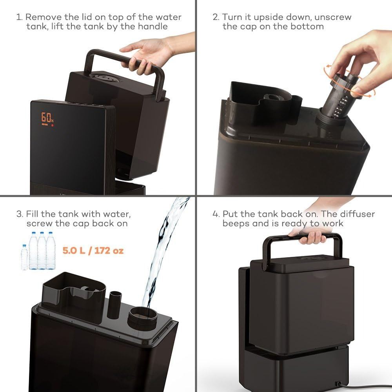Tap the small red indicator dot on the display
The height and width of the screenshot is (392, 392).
(52, 125)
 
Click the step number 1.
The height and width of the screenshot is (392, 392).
(19, 17)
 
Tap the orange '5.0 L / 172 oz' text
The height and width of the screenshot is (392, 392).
(93, 250)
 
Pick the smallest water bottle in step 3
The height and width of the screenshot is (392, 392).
(24, 257)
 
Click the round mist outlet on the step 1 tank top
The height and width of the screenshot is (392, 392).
(106, 77)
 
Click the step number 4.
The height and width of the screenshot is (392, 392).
(216, 214)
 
